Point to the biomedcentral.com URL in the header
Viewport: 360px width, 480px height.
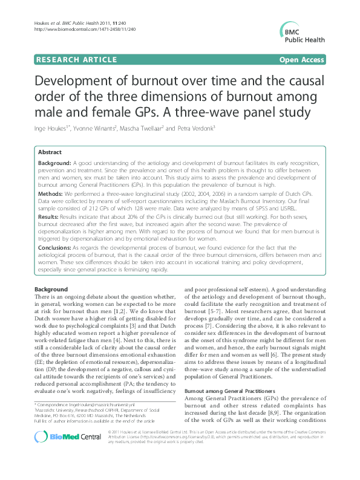tap(75, 29)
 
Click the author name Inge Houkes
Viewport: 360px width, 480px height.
tap(53, 129)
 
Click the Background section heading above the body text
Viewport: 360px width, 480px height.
tap(51, 290)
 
